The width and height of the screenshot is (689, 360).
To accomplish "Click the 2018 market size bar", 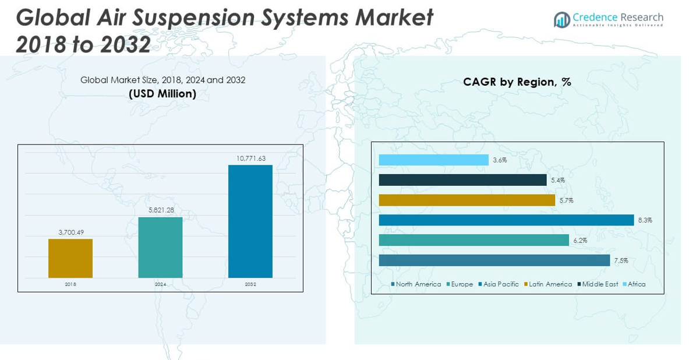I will [70, 258].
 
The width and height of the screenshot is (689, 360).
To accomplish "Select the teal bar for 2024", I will [160, 248].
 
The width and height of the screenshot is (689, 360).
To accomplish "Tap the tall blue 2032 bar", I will [250, 221].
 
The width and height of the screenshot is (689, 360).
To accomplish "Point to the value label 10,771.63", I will [250, 158].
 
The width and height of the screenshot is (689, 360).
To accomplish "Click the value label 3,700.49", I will [71, 232].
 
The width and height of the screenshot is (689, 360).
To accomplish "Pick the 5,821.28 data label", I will [161, 210].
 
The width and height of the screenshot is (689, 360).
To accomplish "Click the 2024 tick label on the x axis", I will [160, 284].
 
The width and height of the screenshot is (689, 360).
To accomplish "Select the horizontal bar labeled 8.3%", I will [506, 220].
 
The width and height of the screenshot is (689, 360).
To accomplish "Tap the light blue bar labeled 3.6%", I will [433, 160].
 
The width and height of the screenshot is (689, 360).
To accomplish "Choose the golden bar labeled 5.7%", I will [467, 200].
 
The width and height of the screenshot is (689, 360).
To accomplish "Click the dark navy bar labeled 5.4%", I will [462, 180].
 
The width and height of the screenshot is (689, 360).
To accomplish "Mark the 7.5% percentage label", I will [621, 261].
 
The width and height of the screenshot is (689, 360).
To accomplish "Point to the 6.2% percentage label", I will [580, 241].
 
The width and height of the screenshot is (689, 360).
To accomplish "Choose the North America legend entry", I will [418, 284].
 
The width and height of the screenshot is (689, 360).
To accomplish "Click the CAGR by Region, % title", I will [517, 82].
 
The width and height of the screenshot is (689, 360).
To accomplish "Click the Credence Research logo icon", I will [561, 20].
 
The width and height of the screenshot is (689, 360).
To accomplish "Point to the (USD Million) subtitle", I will [162, 93].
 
